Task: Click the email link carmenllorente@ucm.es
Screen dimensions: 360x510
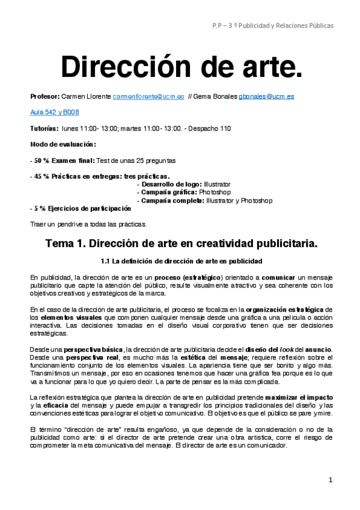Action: pyautogui.click(x=148, y=96)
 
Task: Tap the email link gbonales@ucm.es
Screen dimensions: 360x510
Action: pyautogui.click(x=266, y=96)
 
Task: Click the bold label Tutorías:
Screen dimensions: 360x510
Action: pyautogui.click(x=44, y=128)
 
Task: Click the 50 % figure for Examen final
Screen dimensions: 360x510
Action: pyautogui.click(x=41, y=161)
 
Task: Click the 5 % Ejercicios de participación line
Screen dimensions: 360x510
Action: pyautogui.click(x=81, y=208)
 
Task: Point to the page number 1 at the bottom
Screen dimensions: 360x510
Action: pyautogui.click(x=330, y=480)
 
